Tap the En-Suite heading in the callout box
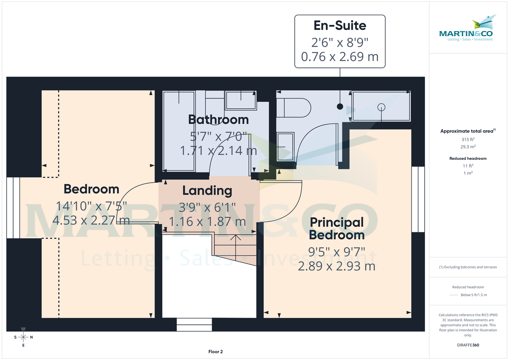point(340,25)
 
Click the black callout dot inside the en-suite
point(340,106)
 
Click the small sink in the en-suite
point(286,146)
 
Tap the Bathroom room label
point(218,120)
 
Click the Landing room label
point(207,191)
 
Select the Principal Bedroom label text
point(337,228)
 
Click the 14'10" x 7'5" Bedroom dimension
point(91,207)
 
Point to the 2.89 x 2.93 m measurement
point(336,266)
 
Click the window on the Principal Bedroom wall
point(418,199)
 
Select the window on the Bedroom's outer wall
point(13,208)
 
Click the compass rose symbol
point(23,337)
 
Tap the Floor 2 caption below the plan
point(215,352)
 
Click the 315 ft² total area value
point(468,140)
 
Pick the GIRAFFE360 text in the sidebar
point(468,345)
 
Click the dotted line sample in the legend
point(454,295)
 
